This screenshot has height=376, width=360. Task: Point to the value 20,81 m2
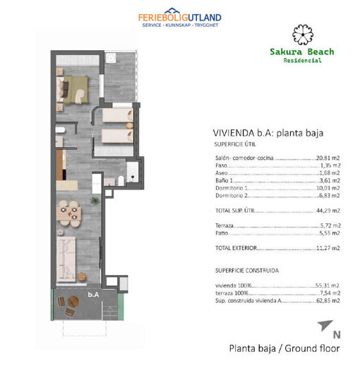(328, 158)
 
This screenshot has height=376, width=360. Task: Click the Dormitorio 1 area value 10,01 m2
(328, 189)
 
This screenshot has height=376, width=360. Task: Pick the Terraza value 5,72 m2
(330, 223)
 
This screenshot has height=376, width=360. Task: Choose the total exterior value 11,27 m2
(328, 248)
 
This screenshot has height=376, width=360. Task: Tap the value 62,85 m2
(328, 300)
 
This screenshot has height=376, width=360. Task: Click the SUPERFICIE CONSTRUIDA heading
(245, 270)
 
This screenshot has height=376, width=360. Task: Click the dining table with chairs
(68, 211)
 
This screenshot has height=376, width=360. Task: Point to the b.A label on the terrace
(92, 294)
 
